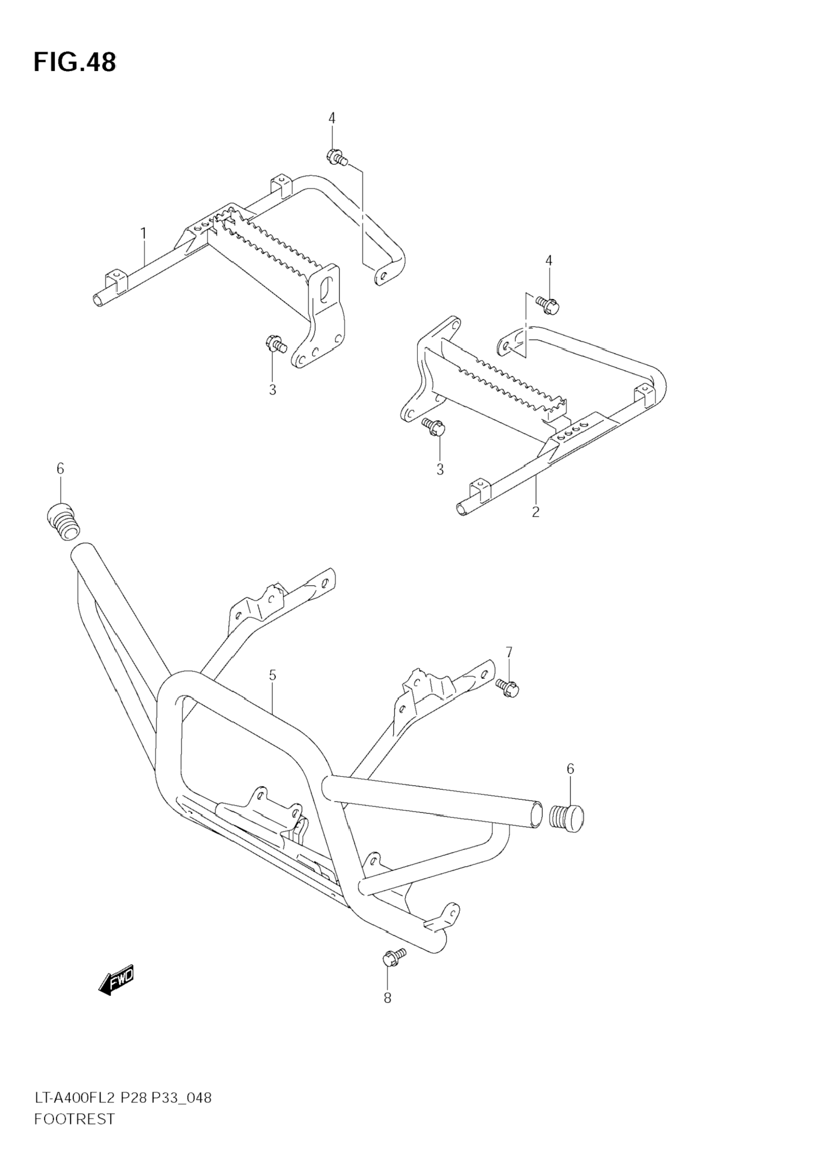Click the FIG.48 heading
click(75, 62)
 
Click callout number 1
click(143, 234)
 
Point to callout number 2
click(535, 512)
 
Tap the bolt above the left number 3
click(275, 345)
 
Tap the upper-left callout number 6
click(61, 469)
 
